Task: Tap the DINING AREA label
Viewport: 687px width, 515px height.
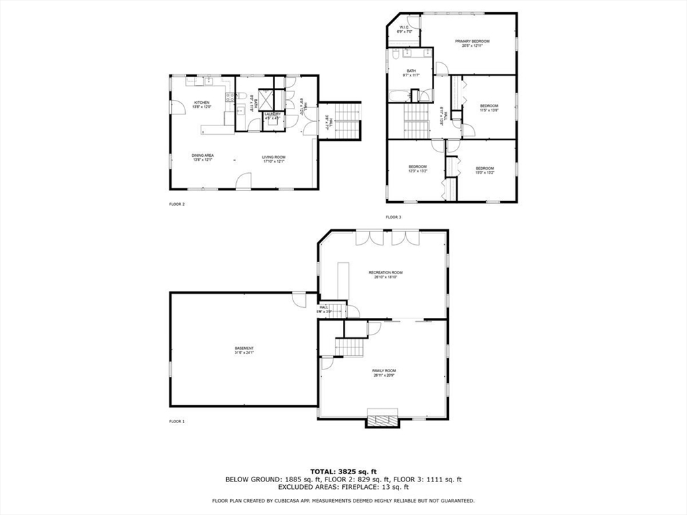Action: (203, 156)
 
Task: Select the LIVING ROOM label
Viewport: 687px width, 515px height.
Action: (273, 158)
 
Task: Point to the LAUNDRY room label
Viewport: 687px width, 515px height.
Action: (272, 115)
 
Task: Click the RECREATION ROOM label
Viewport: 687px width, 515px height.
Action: (385, 272)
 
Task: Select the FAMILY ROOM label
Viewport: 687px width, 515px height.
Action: (384, 371)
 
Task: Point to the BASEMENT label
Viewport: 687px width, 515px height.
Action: (244, 349)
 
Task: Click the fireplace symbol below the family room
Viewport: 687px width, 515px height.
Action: (382, 420)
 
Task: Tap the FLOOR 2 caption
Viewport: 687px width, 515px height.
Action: (176, 204)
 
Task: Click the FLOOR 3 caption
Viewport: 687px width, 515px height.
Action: (393, 217)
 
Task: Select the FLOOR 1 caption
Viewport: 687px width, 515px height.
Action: (176, 421)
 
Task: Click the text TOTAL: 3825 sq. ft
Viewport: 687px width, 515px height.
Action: (343, 471)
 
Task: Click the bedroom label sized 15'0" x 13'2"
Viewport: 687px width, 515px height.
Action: (484, 168)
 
